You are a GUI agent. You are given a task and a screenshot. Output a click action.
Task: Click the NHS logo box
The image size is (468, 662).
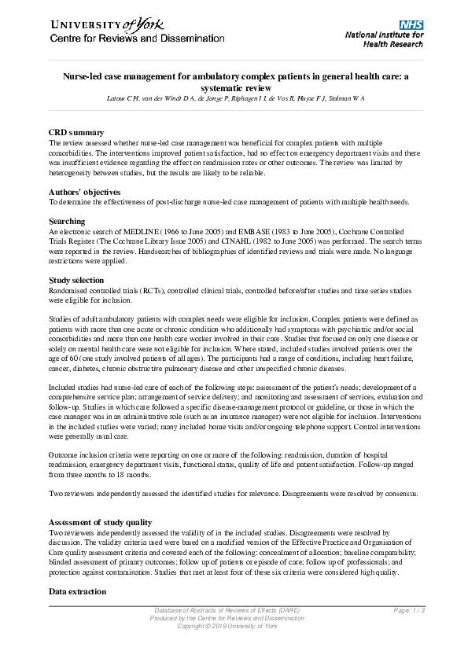coord(411,25)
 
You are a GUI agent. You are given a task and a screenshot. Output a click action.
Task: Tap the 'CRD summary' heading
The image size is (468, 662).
coord(76,133)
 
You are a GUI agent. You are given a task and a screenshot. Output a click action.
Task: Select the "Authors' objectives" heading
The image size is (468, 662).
coord(84,192)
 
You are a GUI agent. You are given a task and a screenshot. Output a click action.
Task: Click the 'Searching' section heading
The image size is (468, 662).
coord(67,222)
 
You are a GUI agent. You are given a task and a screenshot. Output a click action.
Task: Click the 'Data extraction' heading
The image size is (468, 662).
coord(77,590)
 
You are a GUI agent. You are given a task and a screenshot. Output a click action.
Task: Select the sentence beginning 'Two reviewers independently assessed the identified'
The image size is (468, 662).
coord(234,494)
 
